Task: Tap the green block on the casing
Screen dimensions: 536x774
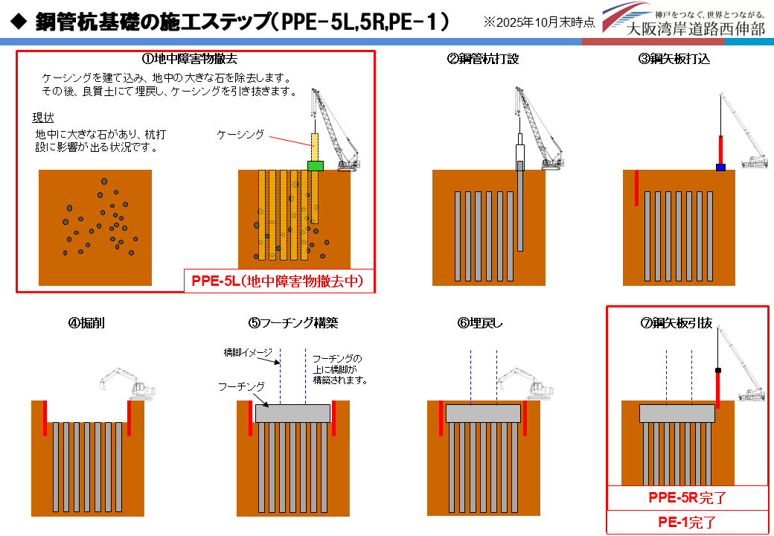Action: [x=316, y=165]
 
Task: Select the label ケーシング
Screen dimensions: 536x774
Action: [x=240, y=134]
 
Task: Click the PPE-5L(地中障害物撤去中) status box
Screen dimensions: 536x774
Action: [x=278, y=281]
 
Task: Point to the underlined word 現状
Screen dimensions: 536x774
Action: [x=42, y=118]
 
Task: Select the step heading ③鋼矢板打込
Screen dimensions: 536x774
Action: [x=674, y=59]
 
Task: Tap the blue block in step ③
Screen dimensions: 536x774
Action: [x=720, y=167]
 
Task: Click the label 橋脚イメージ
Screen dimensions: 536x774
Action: [x=249, y=351]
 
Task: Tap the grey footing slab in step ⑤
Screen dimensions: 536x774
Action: [x=292, y=413]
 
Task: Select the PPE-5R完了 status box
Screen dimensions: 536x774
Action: [x=687, y=497]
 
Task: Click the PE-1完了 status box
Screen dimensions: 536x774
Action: [x=687, y=522]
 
